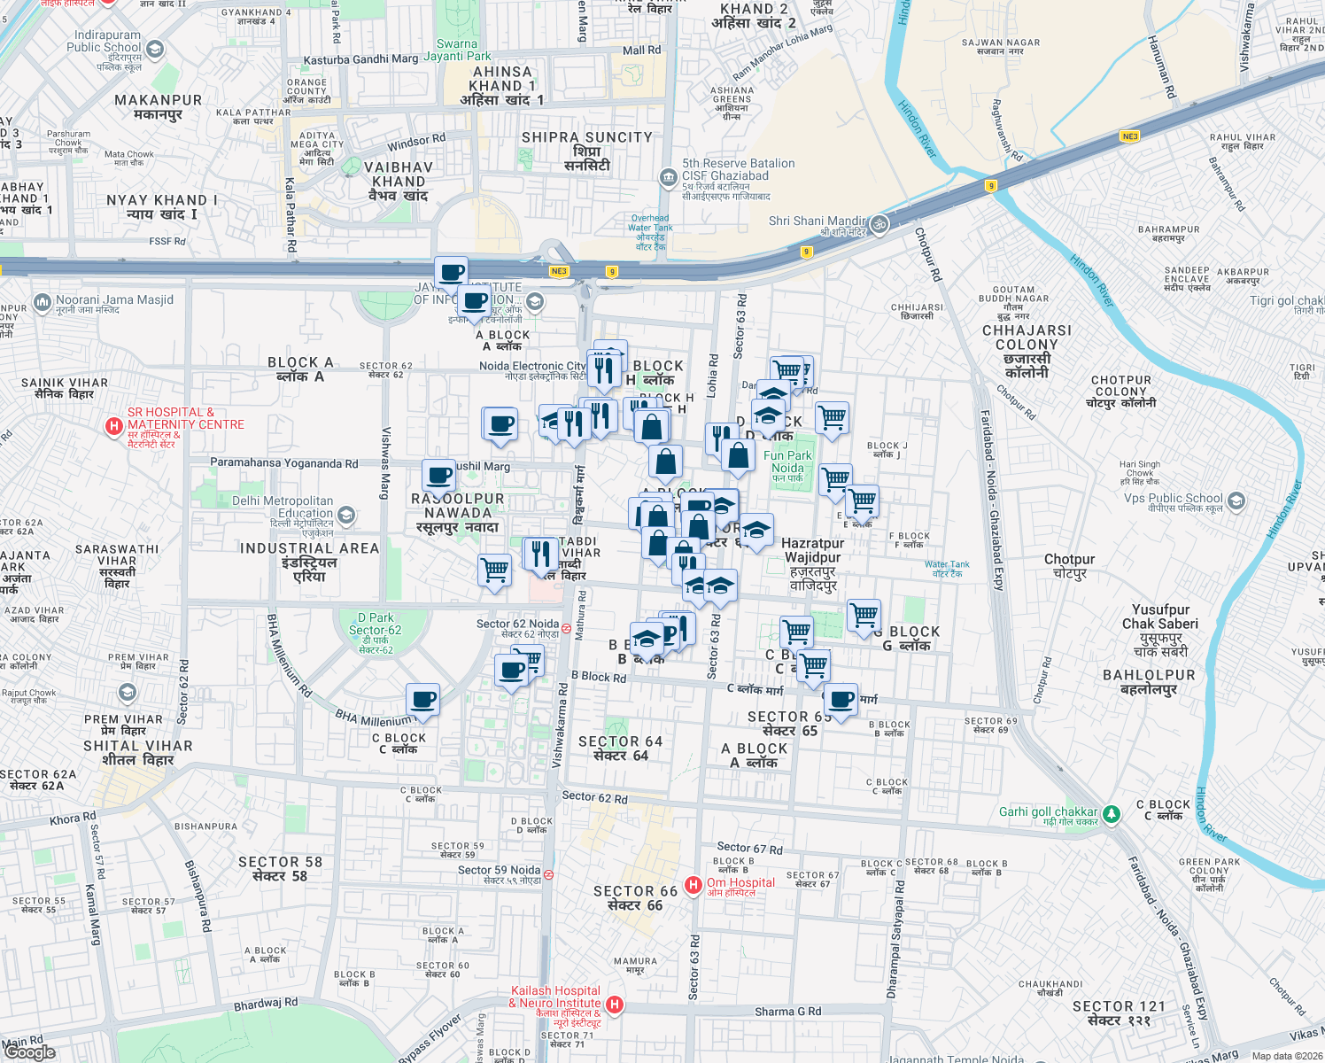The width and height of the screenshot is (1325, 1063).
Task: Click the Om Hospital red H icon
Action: coord(693,884)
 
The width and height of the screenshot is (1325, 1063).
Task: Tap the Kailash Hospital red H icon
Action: coord(615,1005)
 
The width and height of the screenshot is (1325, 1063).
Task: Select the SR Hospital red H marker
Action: coord(113,426)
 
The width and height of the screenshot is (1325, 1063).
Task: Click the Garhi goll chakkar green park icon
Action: coord(1111,811)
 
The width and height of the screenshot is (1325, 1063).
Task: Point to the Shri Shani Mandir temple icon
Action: coord(879,224)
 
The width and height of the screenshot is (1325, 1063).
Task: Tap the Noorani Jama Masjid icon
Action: coord(43,303)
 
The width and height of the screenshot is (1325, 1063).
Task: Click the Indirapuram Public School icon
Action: coord(155,49)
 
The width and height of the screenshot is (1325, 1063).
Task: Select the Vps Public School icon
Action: coord(1236,501)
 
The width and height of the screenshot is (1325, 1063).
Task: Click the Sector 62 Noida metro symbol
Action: coord(567,628)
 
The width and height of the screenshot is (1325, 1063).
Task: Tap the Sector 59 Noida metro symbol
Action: coord(548,874)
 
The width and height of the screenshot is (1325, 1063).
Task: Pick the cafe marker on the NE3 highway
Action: coord(451,271)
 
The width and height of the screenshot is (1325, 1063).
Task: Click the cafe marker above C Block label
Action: coord(423,700)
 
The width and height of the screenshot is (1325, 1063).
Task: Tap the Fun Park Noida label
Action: coord(787,462)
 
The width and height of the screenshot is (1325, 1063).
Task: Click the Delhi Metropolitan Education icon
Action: coord(346,514)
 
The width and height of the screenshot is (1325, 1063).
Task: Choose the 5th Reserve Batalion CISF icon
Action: coord(668,177)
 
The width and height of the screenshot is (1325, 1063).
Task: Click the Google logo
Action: coord(30,1051)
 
